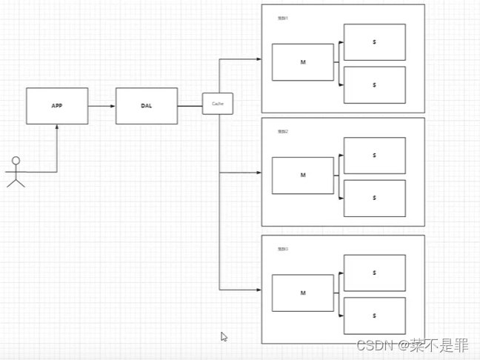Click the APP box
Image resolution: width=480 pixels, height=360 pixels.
(x=57, y=106)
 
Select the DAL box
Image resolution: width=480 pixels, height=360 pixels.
(x=146, y=106)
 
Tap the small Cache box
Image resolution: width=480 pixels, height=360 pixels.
(x=218, y=104)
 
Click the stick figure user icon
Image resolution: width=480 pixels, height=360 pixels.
(x=16, y=172)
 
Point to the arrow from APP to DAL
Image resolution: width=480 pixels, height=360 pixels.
(x=101, y=106)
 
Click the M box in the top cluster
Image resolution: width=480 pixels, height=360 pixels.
(x=302, y=62)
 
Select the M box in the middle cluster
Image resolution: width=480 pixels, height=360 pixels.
(x=302, y=176)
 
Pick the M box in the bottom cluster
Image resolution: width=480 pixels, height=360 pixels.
(x=302, y=293)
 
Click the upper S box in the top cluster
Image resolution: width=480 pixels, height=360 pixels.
(x=374, y=42)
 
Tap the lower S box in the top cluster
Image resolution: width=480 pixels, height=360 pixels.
(x=374, y=84)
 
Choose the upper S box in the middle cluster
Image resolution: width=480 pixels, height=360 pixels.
(x=374, y=156)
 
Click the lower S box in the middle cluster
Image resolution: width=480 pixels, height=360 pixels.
(x=374, y=198)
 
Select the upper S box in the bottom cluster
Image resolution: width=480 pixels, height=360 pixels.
(x=374, y=273)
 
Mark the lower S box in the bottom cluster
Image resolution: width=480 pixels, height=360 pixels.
(x=374, y=316)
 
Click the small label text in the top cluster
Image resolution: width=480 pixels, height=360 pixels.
(x=282, y=18)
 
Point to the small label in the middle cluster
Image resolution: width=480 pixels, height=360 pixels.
(x=282, y=131)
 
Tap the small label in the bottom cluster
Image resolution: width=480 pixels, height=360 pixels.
(x=282, y=249)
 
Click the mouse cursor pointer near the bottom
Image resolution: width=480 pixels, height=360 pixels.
(x=224, y=336)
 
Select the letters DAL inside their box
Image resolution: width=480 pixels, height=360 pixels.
(x=146, y=106)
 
